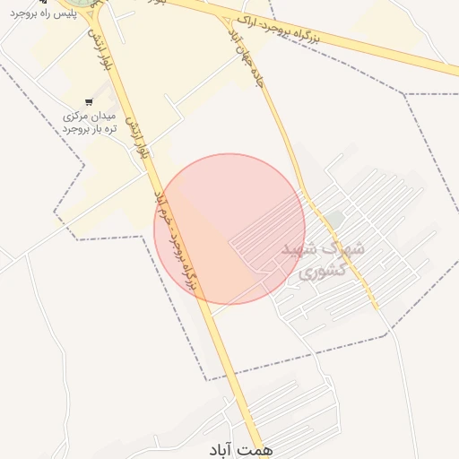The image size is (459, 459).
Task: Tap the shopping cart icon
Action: point(88,102)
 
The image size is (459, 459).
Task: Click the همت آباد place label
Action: point(243,447)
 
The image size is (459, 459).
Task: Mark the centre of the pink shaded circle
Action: point(229,229)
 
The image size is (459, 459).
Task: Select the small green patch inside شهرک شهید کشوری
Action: point(334,219)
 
